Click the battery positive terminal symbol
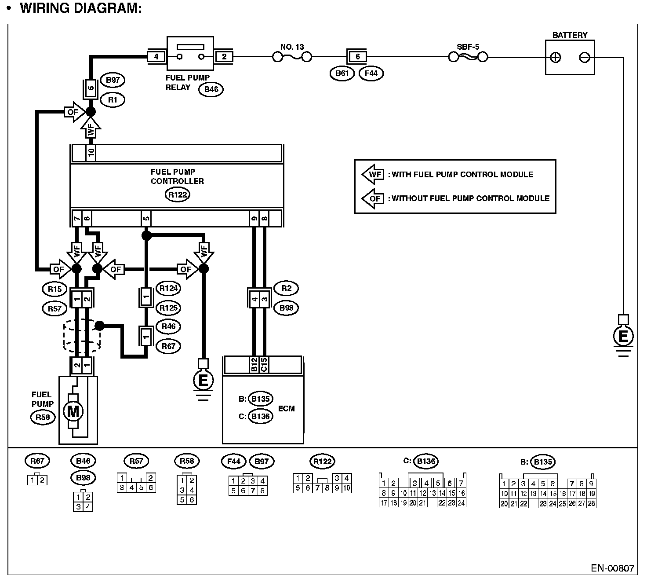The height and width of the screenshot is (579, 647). tap(556, 58)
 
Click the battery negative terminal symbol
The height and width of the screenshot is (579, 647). tap(585, 58)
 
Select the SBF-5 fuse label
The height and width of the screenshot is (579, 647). tap(468, 47)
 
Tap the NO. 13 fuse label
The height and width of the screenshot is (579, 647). tap(292, 47)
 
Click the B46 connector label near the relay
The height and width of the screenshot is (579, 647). tap(211, 89)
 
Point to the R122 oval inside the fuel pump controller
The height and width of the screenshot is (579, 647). tap(178, 195)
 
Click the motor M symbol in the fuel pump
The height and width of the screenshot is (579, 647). tap(73, 411)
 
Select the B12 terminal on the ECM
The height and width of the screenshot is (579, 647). tap(254, 364)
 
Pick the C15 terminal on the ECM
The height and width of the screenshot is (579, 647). tap(264, 364)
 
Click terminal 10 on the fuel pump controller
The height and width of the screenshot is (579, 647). tap(91, 153)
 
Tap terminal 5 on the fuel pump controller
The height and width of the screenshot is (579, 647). tap(146, 219)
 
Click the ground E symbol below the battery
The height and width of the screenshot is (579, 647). tap(623, 336)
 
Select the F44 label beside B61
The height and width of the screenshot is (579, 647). tap(371, 73)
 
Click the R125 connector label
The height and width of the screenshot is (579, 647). tap(168, 308)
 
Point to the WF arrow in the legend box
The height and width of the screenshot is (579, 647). tap(373, 175)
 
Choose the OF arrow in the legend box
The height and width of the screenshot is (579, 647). tap(373, 198)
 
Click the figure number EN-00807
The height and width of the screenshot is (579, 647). tap(613, 568)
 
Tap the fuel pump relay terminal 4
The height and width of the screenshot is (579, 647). tap(156, 57)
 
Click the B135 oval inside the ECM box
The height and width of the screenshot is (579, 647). tap(261, 399)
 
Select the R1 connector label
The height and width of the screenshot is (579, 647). tap(113, 100)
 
